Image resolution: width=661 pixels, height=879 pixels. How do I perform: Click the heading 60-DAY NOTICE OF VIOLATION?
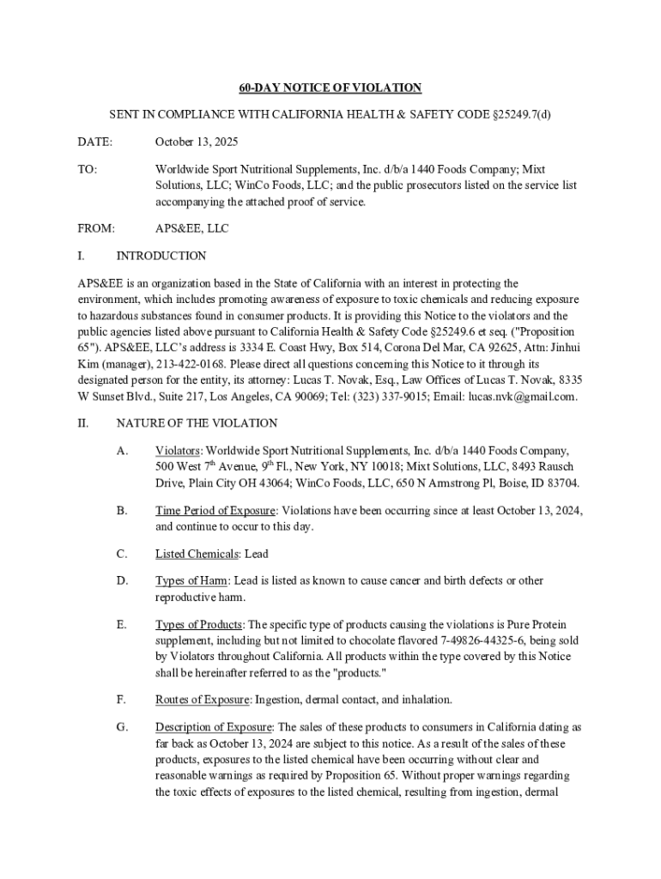click(x=330, y=88)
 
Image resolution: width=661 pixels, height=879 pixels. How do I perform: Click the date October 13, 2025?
click(x=197, y=142)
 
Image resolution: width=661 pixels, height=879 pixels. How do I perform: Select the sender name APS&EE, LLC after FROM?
click(x=191, y=228)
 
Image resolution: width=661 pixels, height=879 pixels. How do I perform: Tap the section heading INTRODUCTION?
click(x=161, y=256)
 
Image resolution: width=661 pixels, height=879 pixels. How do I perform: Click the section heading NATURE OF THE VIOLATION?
click(x=197, y=422)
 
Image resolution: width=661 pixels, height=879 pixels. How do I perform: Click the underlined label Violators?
click(x=178, y=451)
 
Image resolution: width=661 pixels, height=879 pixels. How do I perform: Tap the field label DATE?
click(x=94, y=142)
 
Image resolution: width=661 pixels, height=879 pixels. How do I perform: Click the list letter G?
click(x=121, y=727)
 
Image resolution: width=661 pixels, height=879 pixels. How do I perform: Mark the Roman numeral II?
click(x=82, y=422)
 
